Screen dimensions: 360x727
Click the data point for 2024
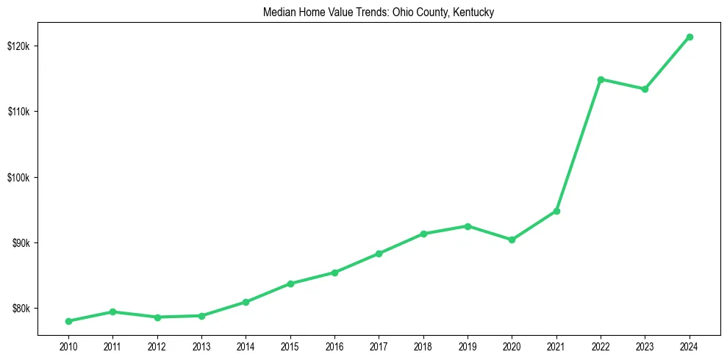[x=690, y=37]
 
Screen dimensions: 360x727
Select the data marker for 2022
[x=601, y=79]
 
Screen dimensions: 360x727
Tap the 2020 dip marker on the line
[x=512, y=240]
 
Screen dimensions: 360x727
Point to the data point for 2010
[x=68, y=321]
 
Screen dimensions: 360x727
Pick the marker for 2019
[x=468, y=226]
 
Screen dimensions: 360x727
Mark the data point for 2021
[x=556, y=211]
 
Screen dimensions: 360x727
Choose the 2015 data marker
[x=290, y=284]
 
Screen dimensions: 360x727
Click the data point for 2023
[x=645, y=89]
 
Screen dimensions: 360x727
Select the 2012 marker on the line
[x=157, y=317]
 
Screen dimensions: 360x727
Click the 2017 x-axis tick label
[x=379, y=346]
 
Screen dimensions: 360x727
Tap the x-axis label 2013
[x=201, y=346]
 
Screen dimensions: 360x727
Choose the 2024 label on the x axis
[x=690, y=346]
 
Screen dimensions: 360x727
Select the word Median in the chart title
[x=278, y=12]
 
